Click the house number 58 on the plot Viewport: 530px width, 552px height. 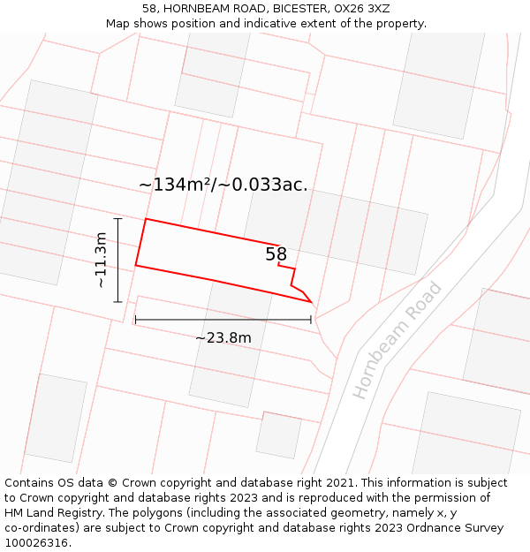pos(276,254)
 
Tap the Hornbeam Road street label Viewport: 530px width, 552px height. pos(397,339)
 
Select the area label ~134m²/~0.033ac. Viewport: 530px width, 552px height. pos(223,185)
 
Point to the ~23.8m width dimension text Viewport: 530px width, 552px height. pos(223,337)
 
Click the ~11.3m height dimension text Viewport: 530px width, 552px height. pos(101,260)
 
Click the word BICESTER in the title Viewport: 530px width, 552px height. pos(299,9)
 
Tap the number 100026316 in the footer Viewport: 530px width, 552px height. pos(38,543)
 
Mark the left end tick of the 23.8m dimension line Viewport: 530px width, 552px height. pos(135,319)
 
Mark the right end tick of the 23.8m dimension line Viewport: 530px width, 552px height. pos(311,319)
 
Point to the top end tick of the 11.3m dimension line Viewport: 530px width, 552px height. pos(117,218)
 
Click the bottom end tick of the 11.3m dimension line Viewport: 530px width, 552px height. pos(117,302)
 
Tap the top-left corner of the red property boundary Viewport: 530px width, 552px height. pos(146,219)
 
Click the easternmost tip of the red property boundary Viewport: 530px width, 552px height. pos(312,301)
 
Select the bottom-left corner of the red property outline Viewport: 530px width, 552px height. pos(136,265)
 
